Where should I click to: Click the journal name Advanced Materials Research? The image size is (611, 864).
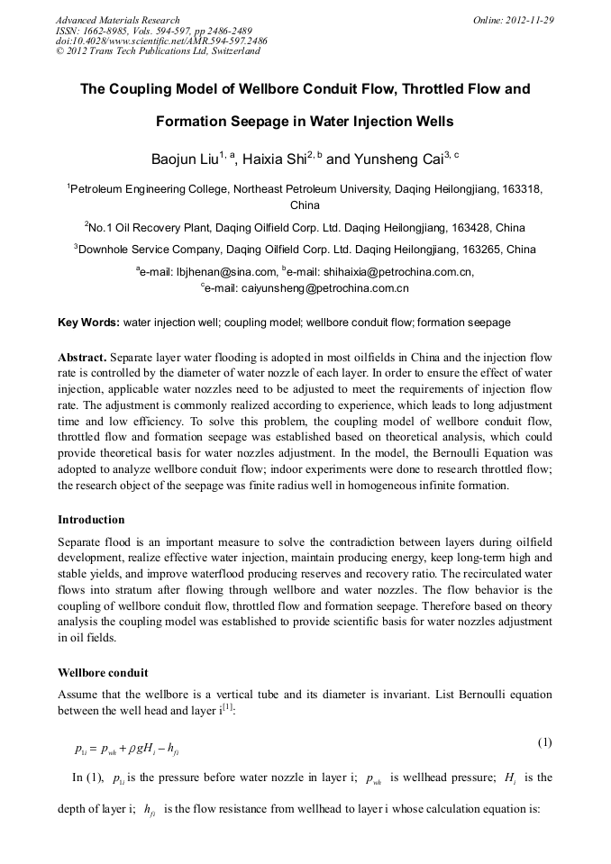click(x=117, y=20)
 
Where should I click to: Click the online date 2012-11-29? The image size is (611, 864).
click(x=530, y=20)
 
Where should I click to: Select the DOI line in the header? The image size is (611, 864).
click(x=160, y=41)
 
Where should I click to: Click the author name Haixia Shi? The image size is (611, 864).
click(x=275, y=159)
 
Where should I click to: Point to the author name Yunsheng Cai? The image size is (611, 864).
click(x=397, y=159)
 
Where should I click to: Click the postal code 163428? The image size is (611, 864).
click(x=467, y=228)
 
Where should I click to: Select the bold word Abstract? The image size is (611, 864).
click(x=82, y=358)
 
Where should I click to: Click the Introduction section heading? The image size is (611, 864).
click(x=91, y=520)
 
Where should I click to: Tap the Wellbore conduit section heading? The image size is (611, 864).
click(x=103, y=673)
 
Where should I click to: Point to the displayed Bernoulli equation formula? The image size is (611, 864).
click(x=132, y=748)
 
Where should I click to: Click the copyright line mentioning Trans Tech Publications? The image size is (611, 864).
click(x=158, y=51)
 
